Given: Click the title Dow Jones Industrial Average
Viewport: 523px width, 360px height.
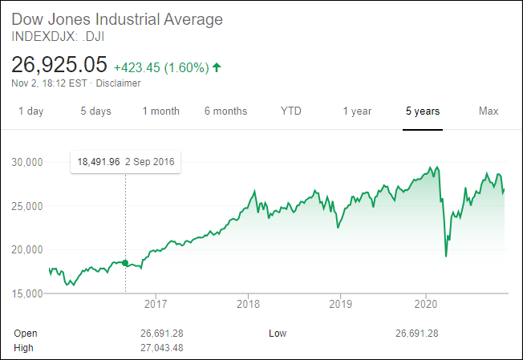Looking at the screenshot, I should pyautogui.click(x=117, y=19).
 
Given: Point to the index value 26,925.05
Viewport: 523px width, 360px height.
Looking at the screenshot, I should pyautogui.click(x=59, y=63).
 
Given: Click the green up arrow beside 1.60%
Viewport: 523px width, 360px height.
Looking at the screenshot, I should pyautogui.click(x=217, y=66).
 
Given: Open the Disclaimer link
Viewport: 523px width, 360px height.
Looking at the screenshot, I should pyautogui.click(x=119, y=83).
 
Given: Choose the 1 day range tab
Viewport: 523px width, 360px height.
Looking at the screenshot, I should pyautogui.click(x=31, y=111).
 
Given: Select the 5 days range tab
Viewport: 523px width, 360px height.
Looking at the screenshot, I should pyautogui.click(x=95, y=111).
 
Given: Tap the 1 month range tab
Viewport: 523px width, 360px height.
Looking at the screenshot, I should pyautogui.click(x=160, y=111).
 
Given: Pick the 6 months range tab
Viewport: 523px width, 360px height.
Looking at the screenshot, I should pyautogui.click(x=225, y=111).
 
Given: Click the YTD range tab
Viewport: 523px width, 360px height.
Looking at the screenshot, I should pyautogui.click(x=291, y=111).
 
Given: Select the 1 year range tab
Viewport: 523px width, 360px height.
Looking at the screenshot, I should pyautogui.click(x=357, y=111).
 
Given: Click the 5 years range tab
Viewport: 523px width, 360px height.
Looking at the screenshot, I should pyautogui.click(x=422, y=111).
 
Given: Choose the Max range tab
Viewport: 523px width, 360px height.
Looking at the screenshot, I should pyautogui.click(x=489, y=111).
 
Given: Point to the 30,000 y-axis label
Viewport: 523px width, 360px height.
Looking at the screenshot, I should pyautogui.click(x=27, y=163).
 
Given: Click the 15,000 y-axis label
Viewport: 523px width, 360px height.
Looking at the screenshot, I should pyautogui.click(x=27, y=293).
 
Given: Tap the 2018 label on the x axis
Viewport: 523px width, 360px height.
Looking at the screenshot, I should pyautogui.click(x=249, y=304).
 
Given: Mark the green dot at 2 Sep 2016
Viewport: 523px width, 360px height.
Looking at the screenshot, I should pyautogui.click(x=125, y=263).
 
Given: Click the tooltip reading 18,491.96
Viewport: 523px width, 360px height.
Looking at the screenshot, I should pyautogui.click(x=126, y=161).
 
